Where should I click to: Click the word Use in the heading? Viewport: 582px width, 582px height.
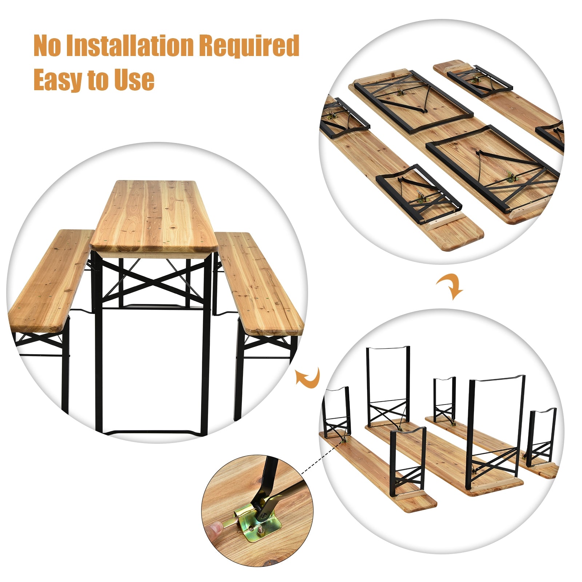(134, 79)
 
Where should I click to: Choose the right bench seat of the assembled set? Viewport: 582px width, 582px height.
(258, 284)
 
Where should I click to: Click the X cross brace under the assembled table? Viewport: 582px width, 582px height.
(153, 282)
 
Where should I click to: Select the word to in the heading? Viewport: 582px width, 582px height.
(98, 80)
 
